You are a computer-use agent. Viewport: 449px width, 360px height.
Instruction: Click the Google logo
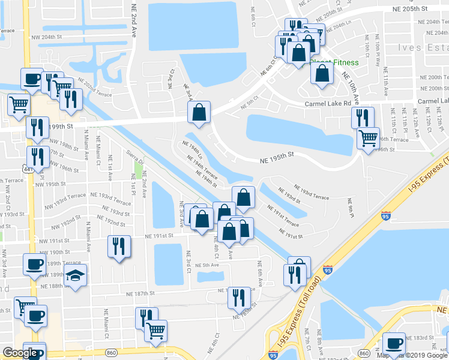click(20, 353)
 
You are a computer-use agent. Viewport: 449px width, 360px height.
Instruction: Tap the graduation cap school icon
click(75, 277)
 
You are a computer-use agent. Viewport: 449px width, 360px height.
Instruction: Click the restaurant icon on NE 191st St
click(119, 247)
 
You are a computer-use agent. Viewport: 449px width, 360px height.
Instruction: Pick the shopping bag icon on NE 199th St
click(199, 113)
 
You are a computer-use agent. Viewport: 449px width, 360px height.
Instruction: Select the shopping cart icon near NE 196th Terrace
click(367, 138)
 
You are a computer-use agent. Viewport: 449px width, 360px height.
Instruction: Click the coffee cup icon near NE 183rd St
click(394, 344)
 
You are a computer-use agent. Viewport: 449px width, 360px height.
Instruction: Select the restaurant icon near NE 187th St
click(239, 297)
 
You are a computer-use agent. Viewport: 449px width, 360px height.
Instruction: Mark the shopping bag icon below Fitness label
click(322, 74)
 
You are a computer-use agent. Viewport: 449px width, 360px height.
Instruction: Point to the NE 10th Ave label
click(351, 88)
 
